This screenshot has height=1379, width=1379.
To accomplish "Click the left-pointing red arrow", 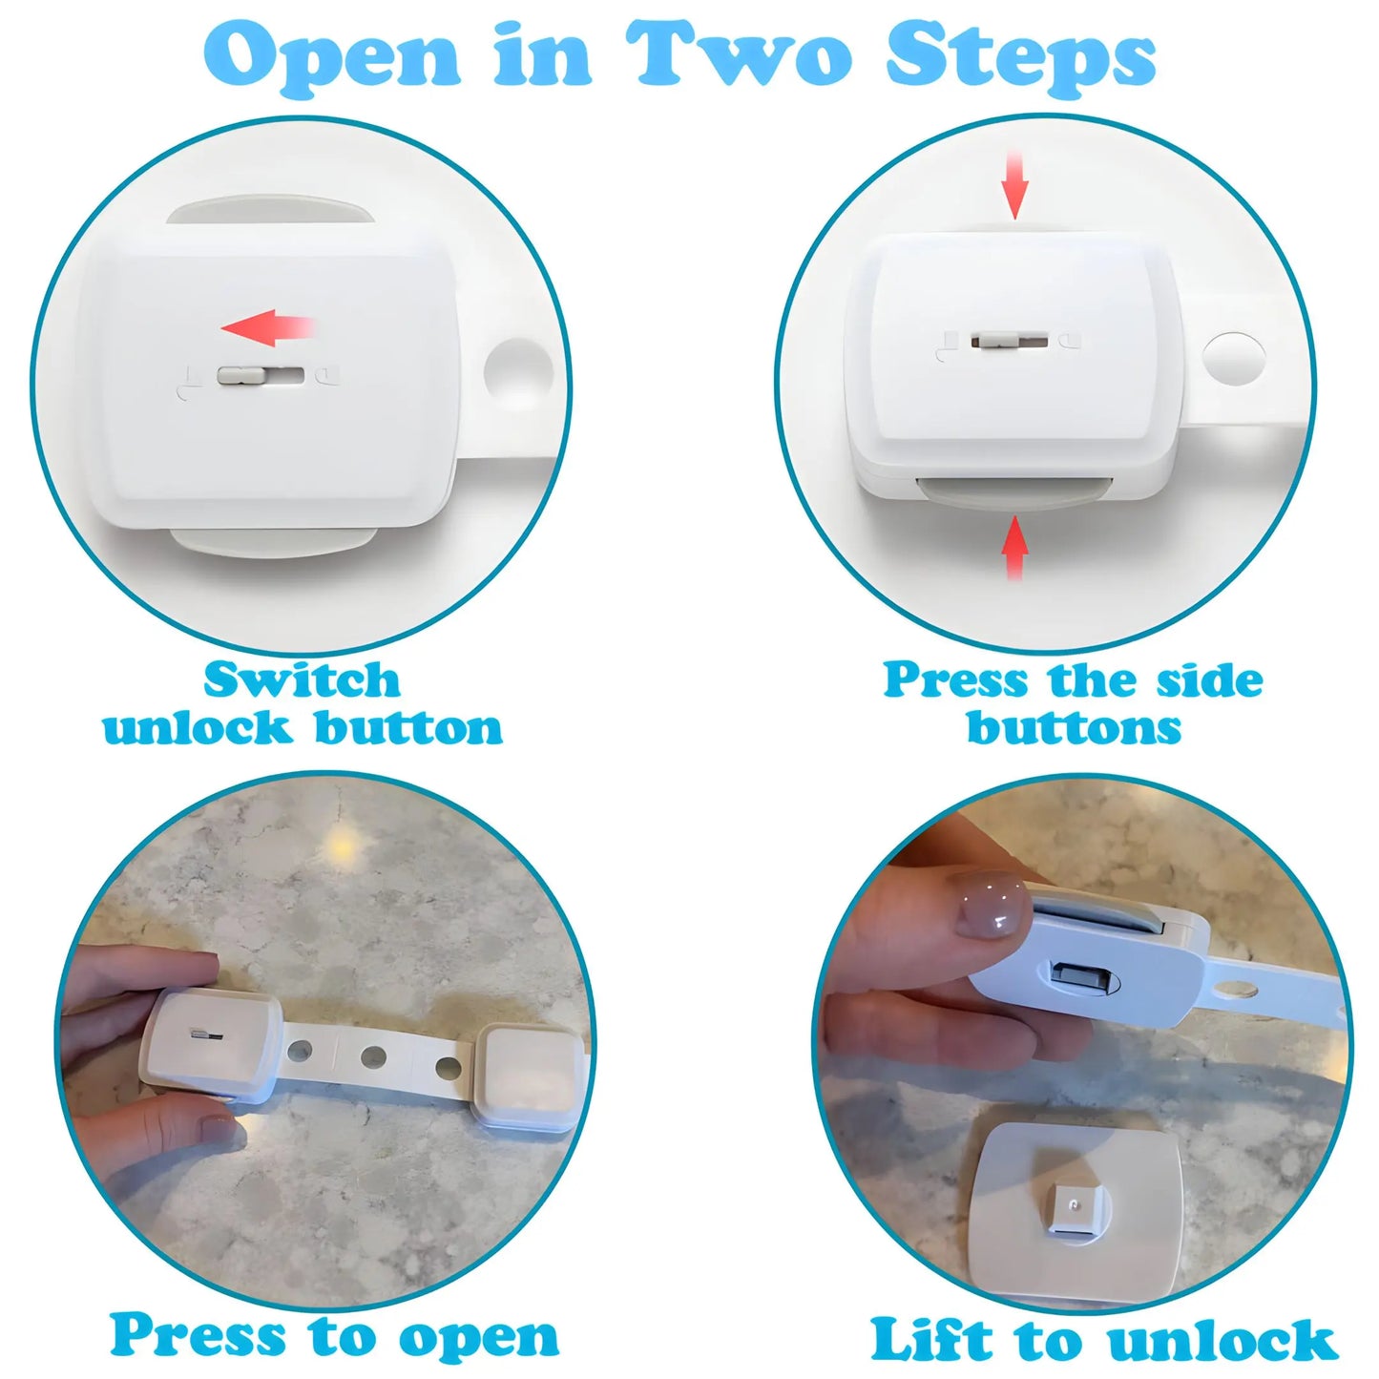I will click(x=267, y=328).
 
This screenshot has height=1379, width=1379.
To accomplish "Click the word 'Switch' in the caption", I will click(x=302, y=681).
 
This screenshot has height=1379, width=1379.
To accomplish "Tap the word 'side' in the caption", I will click(x=1209, y=681).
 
